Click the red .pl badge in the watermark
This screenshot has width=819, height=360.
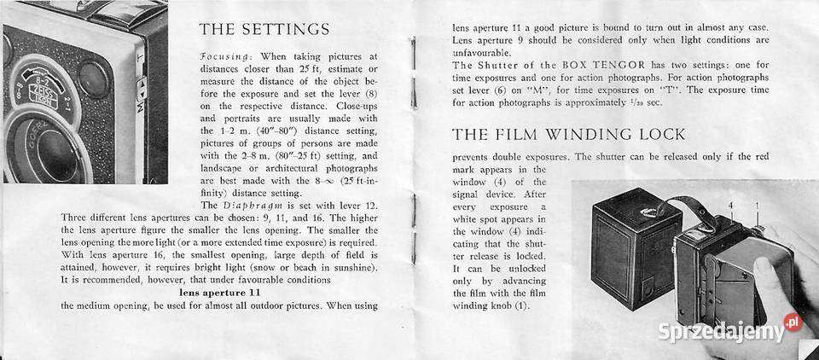[x=793, y=323]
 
